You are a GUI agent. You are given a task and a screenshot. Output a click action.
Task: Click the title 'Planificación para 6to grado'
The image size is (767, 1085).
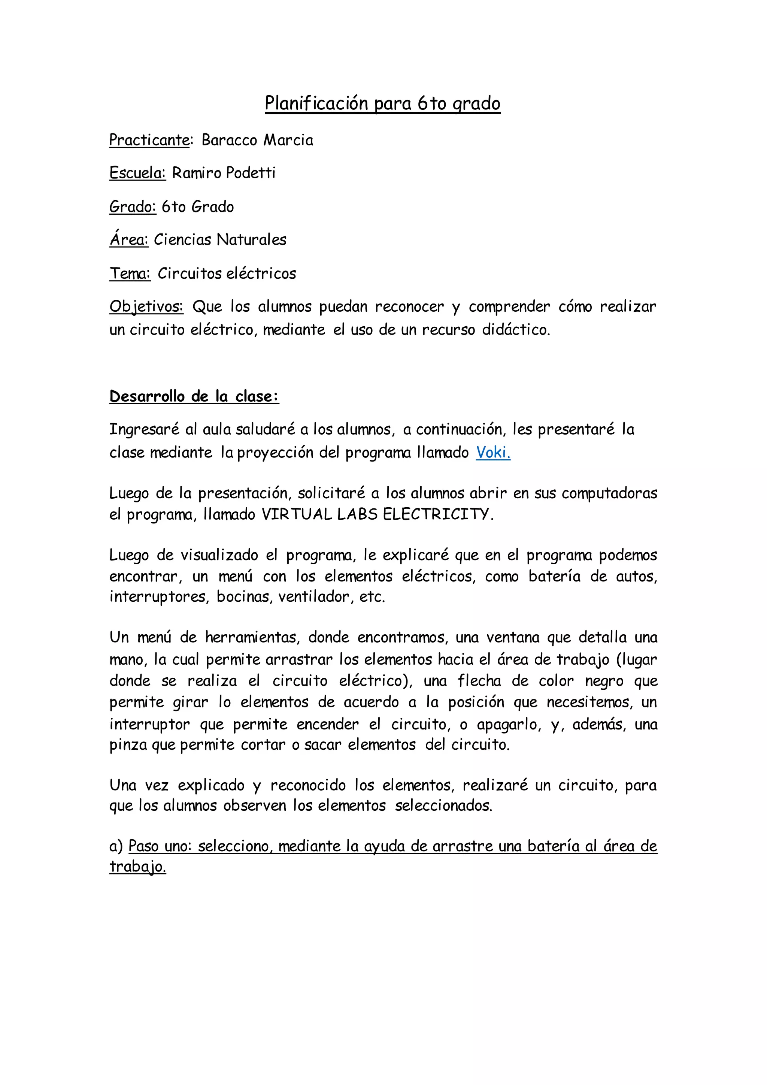pyautogui.click(x=382, y=103)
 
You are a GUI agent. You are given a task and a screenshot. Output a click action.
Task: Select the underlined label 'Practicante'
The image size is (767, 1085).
pyautogui.click(x=149, y=140)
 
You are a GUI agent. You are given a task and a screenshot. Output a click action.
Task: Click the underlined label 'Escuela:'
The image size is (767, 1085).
pyautogui.click(x=137, y=173)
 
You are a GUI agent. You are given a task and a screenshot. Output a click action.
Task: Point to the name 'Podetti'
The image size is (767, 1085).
pyautogui.click(x=250, y=173)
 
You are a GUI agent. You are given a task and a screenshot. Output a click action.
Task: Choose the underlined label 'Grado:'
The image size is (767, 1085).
pyautogui.click(x=133, y=207)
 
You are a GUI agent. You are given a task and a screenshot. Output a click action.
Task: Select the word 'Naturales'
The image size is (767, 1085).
pyautogui.click(x=251, y=240)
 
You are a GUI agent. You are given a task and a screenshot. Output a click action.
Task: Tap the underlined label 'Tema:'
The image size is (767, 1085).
pyautogui.click(x=130, y=273)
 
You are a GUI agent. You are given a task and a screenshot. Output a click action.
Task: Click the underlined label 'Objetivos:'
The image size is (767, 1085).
pyautogui.click(x=146, y=307)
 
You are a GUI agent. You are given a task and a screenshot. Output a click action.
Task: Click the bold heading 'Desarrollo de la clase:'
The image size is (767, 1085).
pyautogui.click(x=194, y=396)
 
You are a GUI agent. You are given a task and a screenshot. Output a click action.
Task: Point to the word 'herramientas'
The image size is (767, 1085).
pyautogui.click(x=251, y=638)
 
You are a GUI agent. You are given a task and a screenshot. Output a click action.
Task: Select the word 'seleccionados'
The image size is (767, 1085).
pyautogui.click(x=443, y=806)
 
